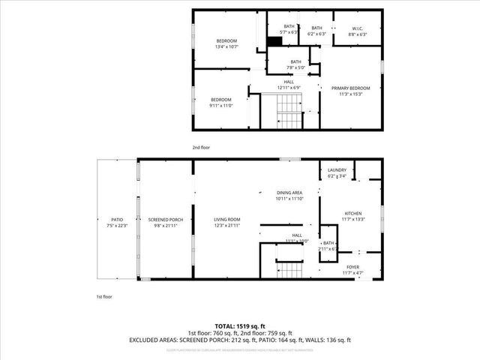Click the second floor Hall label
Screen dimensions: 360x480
(x=288, y=85)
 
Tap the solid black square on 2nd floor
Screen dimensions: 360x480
(x=263, y=43)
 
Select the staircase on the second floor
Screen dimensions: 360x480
(x=286, y=113)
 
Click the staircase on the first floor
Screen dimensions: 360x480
(x=289, y=269)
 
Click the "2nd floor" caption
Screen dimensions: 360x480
(x=202, y=148)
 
